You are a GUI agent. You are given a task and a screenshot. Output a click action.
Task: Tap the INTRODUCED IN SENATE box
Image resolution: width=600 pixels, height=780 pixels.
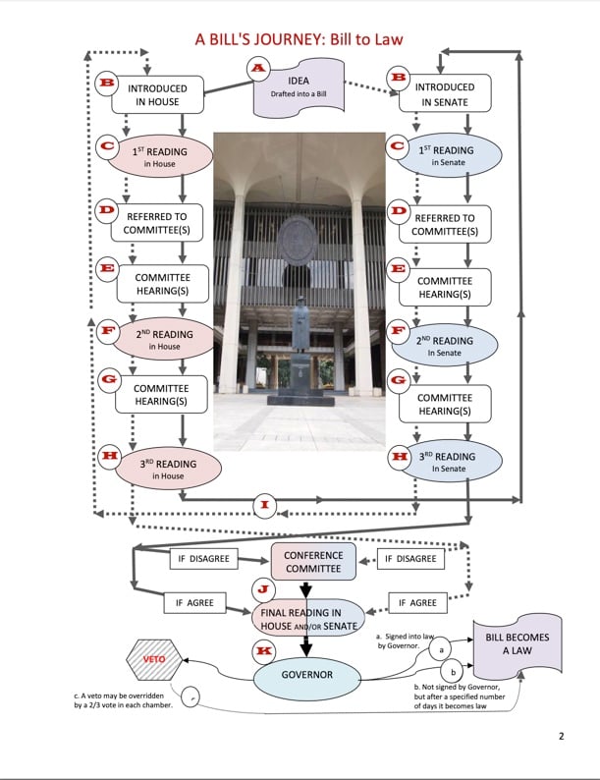click(446, 93)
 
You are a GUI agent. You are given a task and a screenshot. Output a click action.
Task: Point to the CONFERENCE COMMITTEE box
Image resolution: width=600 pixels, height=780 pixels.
click(313, 561)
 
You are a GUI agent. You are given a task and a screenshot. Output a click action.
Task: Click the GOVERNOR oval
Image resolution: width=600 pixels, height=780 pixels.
click(307, 676)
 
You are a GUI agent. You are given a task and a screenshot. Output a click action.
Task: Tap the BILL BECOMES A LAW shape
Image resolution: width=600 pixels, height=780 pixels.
click(517, 644)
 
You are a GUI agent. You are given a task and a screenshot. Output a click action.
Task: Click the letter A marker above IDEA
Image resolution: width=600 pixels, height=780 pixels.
click(257, 68)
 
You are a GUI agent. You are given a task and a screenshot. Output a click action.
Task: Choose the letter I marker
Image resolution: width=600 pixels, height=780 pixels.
click(264, 505)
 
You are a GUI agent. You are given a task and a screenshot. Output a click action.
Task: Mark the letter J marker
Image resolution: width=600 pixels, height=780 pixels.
click(262, 589)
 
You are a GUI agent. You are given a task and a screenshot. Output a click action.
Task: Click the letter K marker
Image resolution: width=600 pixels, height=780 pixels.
click(263, 650)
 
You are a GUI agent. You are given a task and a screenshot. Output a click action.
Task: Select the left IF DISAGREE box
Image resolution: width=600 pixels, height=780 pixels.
click(202, 558)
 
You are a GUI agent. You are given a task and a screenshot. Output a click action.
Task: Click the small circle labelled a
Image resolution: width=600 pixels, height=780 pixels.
click(442, 649)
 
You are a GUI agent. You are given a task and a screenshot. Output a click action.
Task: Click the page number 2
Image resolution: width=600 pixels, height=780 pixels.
click(561, 736)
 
